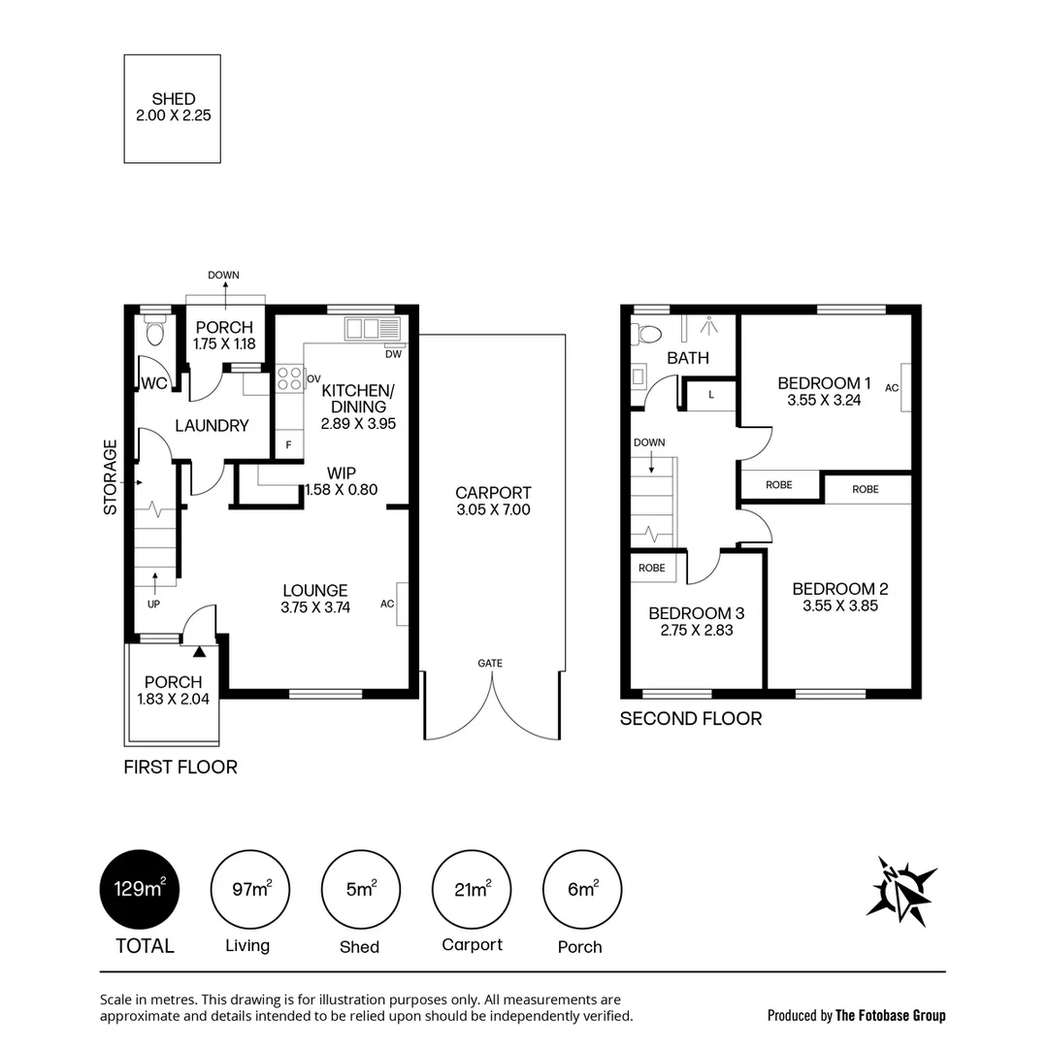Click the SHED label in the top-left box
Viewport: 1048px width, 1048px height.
[174, 99]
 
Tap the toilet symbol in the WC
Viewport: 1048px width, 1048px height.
[153, 335]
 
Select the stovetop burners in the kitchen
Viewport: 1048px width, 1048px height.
[288, 377]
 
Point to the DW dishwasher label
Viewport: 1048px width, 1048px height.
[393, 354]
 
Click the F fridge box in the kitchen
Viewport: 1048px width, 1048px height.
[288, 445]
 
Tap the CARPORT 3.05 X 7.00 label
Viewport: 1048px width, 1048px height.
[493, 501]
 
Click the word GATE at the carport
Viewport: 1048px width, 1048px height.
[490, 664]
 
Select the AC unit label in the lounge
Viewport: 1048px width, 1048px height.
[387, 605]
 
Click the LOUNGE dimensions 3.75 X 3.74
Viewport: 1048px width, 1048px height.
[315, 608]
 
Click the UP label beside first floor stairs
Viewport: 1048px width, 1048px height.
[153, 604]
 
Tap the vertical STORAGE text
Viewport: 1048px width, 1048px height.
[111, 476]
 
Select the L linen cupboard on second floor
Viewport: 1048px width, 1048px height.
[711, 394]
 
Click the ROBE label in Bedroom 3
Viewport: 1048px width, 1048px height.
[652, 568]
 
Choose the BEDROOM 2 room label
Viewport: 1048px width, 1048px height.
[839, 589]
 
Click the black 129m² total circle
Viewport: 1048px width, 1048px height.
[140, 889]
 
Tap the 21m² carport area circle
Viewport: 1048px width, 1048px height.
[472, 889]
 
